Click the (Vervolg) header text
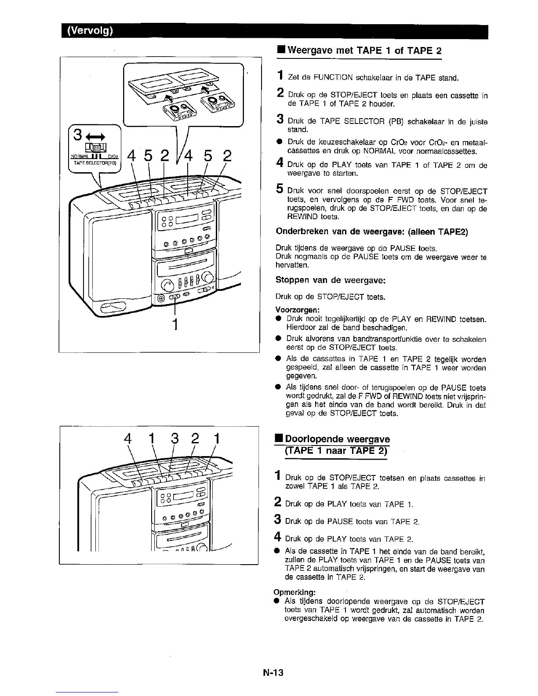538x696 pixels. coord(90,31)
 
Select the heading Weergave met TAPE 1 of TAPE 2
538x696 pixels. coord(364,50)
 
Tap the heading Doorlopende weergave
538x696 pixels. coord(337,439)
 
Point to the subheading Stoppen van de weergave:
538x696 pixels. coord(330,280)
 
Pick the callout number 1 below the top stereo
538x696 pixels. coord(175,324)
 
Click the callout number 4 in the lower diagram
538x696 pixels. coord(128,439)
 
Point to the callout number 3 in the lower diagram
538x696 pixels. coord(174,439)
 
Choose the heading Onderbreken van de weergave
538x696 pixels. coord(371,232)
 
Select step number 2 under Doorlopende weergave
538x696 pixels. coord(279,503)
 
